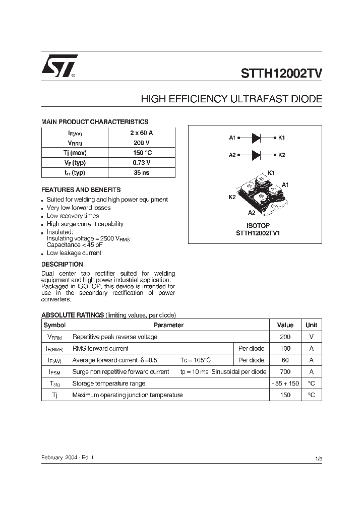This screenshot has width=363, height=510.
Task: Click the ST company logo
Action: point(59,66)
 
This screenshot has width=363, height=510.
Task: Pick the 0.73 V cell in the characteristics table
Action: point(141,163)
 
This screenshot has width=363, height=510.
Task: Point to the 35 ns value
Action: point(141,172)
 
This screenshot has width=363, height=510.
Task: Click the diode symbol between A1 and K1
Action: point(256,138)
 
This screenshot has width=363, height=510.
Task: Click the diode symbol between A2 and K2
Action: point(256,155)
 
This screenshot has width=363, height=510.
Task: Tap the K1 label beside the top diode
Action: point(281,138)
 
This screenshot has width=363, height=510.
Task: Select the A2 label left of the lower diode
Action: point(232,155)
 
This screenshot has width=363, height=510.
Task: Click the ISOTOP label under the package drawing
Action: point(258,225)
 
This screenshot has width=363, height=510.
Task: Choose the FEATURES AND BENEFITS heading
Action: point(81,190)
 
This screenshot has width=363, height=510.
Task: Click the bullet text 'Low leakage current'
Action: point(74,253)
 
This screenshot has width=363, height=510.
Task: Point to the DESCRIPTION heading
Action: point(62,264)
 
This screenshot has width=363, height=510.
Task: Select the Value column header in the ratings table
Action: point(285,325)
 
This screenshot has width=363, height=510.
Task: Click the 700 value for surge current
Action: point(285,372)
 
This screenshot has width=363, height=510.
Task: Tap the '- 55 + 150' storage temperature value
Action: point(285,384)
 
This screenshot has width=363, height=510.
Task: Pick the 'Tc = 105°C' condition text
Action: point(196,360)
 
